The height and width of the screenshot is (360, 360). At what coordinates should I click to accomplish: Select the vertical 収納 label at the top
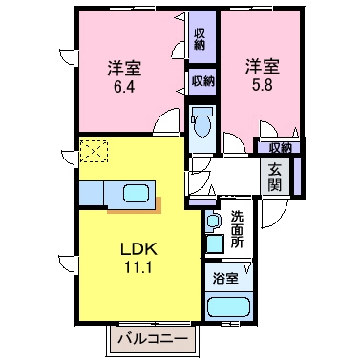[200, 37]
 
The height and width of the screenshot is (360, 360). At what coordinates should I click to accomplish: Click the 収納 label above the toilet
[201, 82]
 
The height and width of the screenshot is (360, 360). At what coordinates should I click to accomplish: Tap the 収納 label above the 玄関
[279, 147]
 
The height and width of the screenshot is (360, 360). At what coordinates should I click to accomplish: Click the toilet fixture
[201, 124]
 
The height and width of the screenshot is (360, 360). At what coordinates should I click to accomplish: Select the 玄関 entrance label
[275, 178]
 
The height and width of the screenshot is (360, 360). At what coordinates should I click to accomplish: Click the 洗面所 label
[238, 230]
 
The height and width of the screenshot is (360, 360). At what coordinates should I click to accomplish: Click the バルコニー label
[153, 338]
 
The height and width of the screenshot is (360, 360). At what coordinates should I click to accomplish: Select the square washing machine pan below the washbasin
[216, 244]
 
